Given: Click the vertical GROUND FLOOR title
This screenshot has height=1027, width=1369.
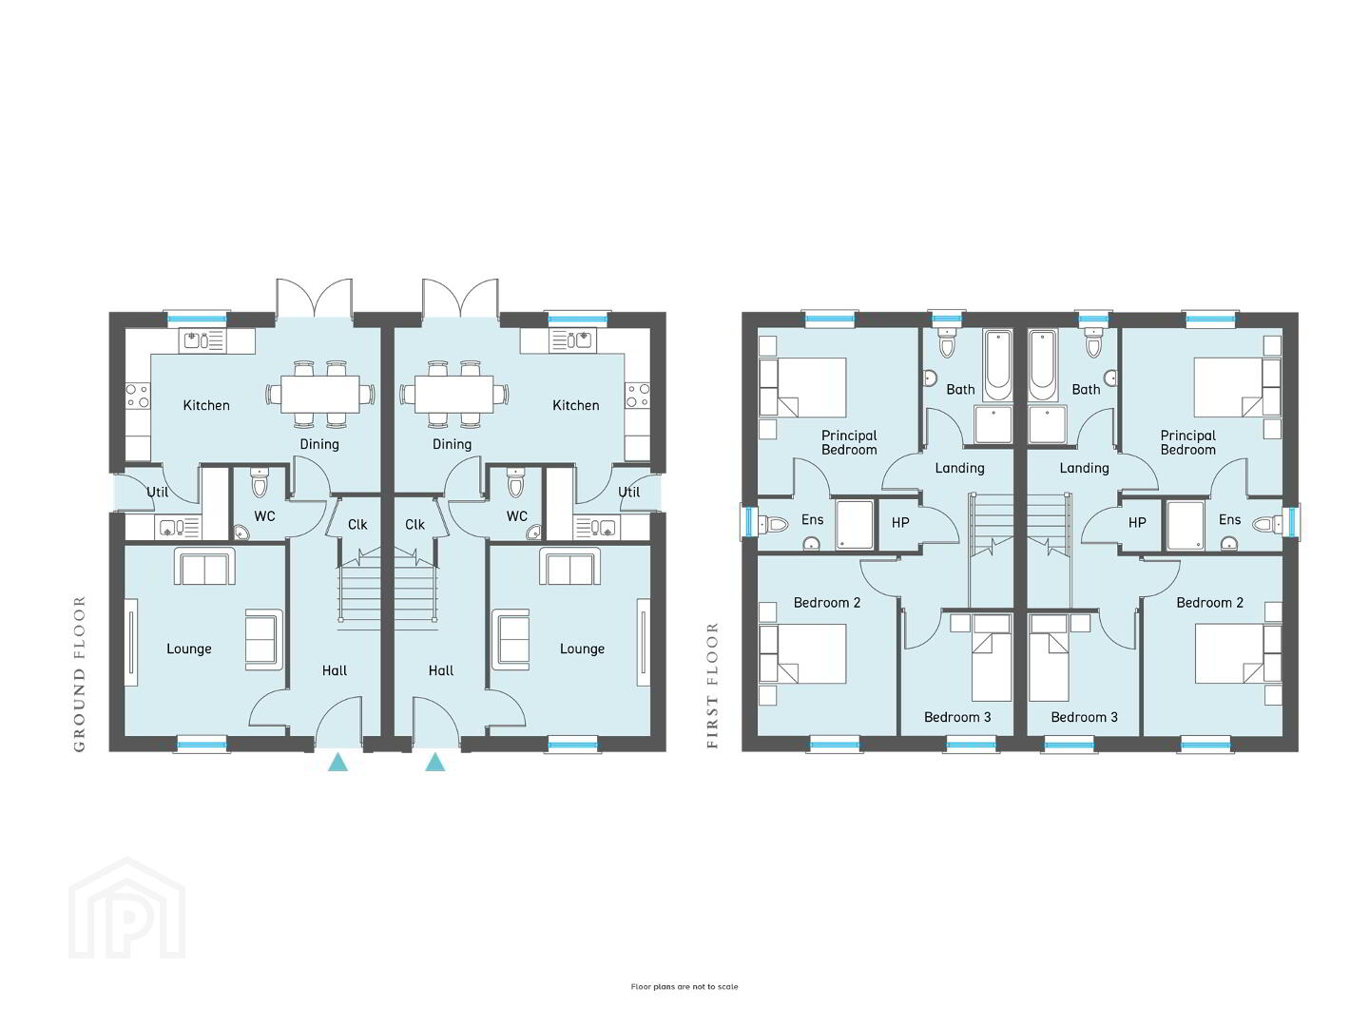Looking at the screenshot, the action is coord(79,674).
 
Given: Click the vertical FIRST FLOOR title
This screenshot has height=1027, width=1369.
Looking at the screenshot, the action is coord(712,686).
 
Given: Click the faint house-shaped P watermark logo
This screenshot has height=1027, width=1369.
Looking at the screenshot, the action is coord(127,908).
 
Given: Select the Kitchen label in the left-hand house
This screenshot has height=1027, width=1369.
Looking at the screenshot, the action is coord(206,405).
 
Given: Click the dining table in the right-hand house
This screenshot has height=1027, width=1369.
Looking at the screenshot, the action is coord(454,394).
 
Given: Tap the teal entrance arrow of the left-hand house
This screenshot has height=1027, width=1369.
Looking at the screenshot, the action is coord(338,762).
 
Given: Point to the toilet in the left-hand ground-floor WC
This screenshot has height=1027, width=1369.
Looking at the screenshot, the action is coord(259,482).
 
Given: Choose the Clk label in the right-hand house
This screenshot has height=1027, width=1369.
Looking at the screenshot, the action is coord(415,524).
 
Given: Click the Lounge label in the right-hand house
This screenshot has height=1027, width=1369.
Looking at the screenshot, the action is coord(582,649).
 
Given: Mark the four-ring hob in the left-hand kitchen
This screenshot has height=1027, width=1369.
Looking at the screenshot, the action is coord(138,396).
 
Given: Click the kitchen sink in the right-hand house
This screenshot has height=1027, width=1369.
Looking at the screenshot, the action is coord(572,340).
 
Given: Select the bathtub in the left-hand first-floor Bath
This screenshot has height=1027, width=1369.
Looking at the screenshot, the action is coord(997,365).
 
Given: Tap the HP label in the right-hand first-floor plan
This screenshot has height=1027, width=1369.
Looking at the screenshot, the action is coord(1137,523).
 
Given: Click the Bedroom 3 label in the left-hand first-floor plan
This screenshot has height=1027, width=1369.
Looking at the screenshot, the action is coord(957,717).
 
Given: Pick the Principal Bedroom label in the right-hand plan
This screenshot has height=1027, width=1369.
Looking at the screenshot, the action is coord(1188,442).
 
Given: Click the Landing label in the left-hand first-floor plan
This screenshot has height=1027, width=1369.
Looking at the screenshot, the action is coord(959,468).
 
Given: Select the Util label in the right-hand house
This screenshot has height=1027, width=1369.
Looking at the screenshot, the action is coord(628,492).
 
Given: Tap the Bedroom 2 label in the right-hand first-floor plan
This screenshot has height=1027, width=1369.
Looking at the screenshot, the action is coord(1210,602).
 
